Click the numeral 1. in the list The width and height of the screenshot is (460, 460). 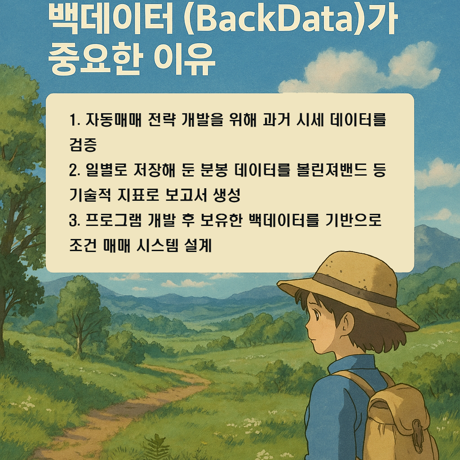pos(75,120)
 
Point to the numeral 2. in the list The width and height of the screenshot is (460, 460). pos(75,171)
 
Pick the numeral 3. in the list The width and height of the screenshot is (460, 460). pos(75,221)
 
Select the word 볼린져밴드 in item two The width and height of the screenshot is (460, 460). pos(331,171)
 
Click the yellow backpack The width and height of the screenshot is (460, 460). pos(400,422)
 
